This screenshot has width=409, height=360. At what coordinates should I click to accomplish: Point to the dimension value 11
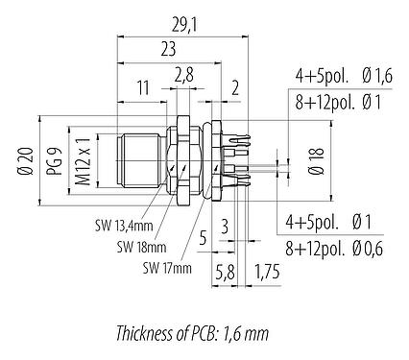click(x=142, y=86)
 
